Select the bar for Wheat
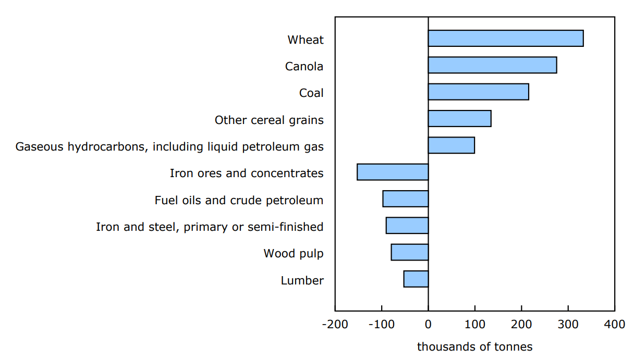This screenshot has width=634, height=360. tap(505, 39)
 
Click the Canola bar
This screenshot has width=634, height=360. tap(492, 65)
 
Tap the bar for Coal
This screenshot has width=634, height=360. tap(478, 92)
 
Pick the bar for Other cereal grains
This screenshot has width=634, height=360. tap(459, 119)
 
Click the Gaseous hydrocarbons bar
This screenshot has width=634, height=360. tap(451, 145)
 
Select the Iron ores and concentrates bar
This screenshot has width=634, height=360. tap(393, 172)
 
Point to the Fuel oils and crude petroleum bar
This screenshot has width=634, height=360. tap(405, 199)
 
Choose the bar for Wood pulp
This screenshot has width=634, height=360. tap(409, 252)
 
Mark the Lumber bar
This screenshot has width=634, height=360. tap(416, 279)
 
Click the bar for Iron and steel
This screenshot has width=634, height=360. tap(407, 226)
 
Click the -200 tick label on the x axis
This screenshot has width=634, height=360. tap(334, 325)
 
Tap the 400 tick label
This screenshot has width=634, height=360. tap(614, 325)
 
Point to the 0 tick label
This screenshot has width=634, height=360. tap(428, 325)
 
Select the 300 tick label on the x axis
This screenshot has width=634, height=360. tap(568, 325)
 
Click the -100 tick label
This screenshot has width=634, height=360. tap(381, 325)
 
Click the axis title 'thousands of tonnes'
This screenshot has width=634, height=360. tap(474, 347)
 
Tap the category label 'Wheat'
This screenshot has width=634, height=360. tap(305, 40)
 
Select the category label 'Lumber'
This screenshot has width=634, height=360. tap(302, 280)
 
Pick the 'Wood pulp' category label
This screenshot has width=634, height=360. tap(293, 254)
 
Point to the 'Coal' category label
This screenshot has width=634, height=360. tap(311, 93)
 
